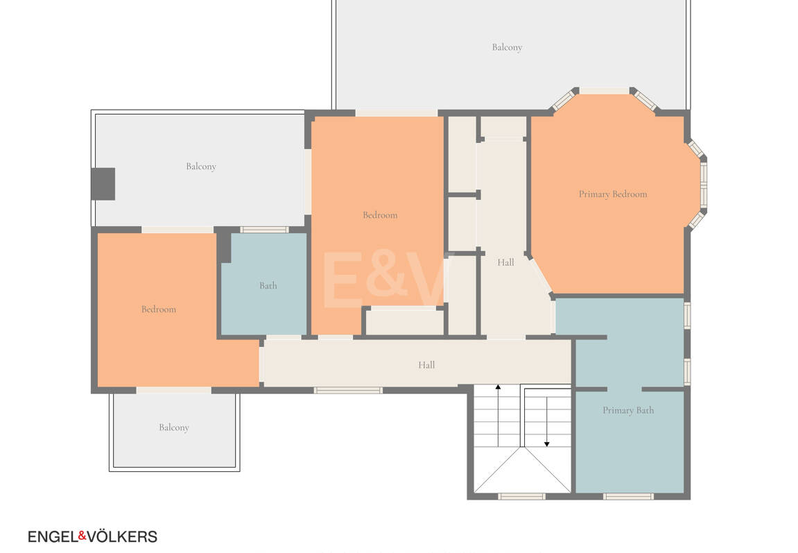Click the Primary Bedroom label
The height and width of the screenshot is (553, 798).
point(613,194)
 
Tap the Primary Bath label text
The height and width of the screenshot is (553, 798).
point(628,411)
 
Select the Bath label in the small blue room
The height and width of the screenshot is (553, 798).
point(268,286)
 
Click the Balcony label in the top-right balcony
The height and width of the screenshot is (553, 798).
point(507,47)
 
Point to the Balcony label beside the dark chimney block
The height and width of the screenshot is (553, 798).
point(201,167)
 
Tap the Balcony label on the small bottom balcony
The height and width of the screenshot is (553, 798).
point(174,427)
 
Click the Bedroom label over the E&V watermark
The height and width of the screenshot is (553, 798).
point(380,215)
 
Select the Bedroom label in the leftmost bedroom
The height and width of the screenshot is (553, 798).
point(159,309)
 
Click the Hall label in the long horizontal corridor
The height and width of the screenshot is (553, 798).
point(426,365)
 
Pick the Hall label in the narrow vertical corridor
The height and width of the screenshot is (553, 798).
point(505,262)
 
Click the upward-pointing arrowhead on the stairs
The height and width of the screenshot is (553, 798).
point(498,387)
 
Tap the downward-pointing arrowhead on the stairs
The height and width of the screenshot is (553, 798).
point(547,444)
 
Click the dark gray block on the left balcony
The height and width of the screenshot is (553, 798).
point(103,184)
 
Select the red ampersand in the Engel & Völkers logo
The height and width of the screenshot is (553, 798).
point(82,536)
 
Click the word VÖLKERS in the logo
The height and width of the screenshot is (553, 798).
point(122,537)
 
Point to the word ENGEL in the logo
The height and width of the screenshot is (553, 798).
point(53,537)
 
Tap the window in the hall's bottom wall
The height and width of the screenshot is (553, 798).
point(348,391)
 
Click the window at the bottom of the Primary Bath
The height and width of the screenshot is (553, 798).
point(629,497)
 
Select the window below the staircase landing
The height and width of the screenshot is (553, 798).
point(521,497)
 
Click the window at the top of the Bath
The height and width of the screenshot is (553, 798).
point(265,230)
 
